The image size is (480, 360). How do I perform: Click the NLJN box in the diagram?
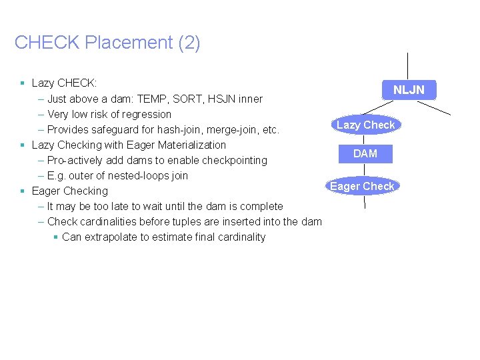pos(408,90)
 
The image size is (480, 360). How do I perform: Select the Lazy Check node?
pos(365,125)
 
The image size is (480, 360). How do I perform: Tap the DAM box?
pos(365,153)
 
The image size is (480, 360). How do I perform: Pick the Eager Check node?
pos(362,186)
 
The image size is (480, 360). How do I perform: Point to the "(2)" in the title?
pos(189,43)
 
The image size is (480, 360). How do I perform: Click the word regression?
pos(148,114)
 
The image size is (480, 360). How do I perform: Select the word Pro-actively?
pos(74,160)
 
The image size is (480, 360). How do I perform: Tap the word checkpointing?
pos(230,160)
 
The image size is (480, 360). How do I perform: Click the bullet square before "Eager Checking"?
pos(23,191)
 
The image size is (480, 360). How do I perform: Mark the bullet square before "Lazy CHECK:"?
pos(23,83)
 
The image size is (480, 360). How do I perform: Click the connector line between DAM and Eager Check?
pos(365,171)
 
